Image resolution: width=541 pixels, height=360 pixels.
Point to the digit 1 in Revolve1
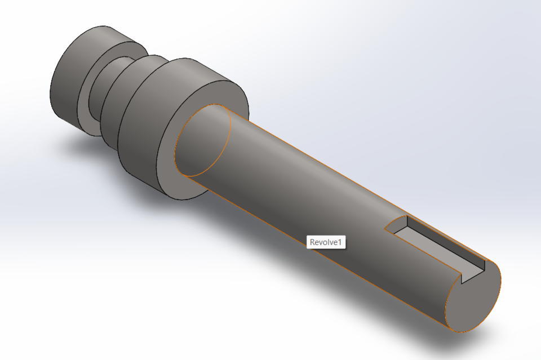pos(341,242)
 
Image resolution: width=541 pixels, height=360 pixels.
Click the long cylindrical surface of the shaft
pos(316,186)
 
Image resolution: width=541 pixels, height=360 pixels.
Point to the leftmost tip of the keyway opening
pos(385,229)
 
